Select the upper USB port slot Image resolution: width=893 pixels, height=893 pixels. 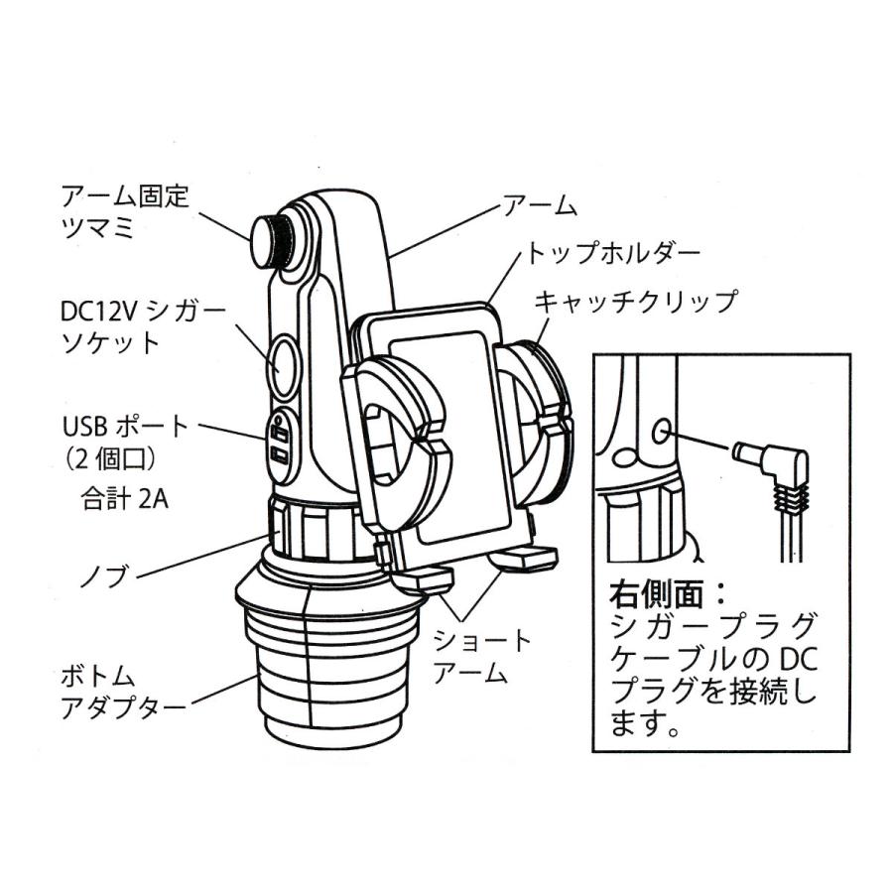coord(281,435)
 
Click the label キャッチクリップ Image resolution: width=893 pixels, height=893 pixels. coord(636,300)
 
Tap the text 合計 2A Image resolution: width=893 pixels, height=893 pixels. coord(124,499)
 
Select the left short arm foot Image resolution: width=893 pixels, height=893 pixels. coord(423,580)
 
